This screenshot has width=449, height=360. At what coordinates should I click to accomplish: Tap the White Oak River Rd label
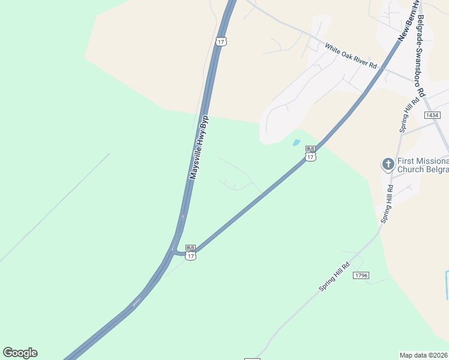click(x=351, y=55)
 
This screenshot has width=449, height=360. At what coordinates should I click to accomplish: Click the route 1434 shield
click(x=432, y=115)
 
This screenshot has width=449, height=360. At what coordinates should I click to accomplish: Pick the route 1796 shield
click(x=361, y=275)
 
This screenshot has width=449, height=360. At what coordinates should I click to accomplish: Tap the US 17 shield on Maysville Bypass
click(x=221, y=41)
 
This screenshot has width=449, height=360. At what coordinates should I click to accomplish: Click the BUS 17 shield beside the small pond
click(x=310, y=154)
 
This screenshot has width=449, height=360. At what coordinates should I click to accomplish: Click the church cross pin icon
click(x=388, y=164)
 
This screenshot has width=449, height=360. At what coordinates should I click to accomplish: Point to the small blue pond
click(x=296, y=143)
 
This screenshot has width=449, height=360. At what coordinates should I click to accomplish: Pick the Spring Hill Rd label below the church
click(x=387, y=205)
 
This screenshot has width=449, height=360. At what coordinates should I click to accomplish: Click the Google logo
click(x=20, y=353)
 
